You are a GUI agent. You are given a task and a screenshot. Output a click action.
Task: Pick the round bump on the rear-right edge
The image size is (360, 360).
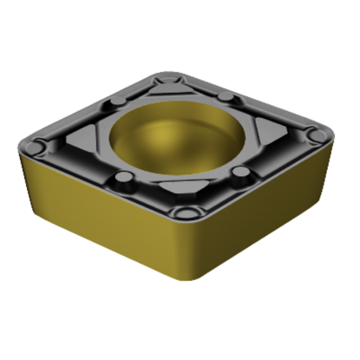(227, 95)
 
